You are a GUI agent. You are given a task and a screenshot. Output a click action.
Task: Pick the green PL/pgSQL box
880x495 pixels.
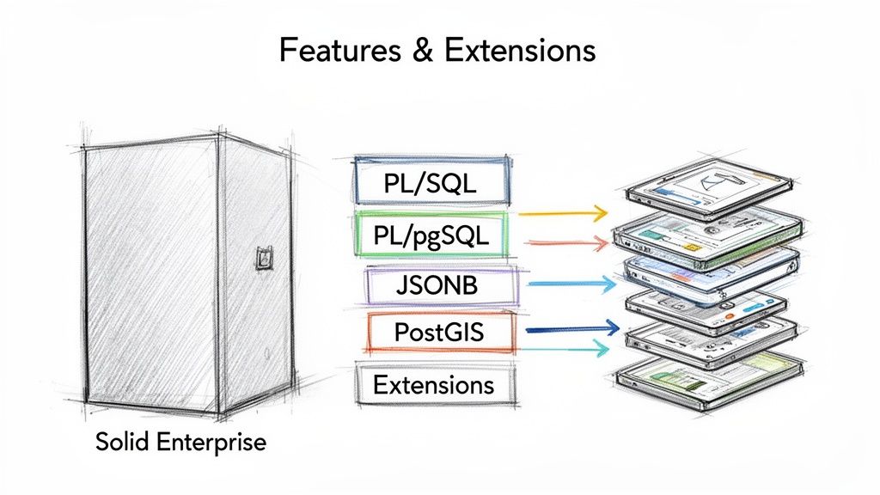coord(431,235)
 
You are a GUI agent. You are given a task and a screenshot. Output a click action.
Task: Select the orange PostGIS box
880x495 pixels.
coord(441,333)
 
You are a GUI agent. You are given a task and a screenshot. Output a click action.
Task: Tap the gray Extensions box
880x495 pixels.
coord(433,384)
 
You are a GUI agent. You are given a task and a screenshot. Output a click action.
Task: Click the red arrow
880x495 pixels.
coord(563,245)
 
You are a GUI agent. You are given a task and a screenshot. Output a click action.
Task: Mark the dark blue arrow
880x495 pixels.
coord(571,327)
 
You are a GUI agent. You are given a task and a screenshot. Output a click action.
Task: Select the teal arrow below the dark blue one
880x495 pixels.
coord(563,347)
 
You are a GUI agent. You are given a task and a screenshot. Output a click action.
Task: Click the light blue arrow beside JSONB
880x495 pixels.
coord(571,282)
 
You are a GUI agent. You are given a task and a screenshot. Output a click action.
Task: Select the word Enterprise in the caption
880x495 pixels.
coord(213,443)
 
